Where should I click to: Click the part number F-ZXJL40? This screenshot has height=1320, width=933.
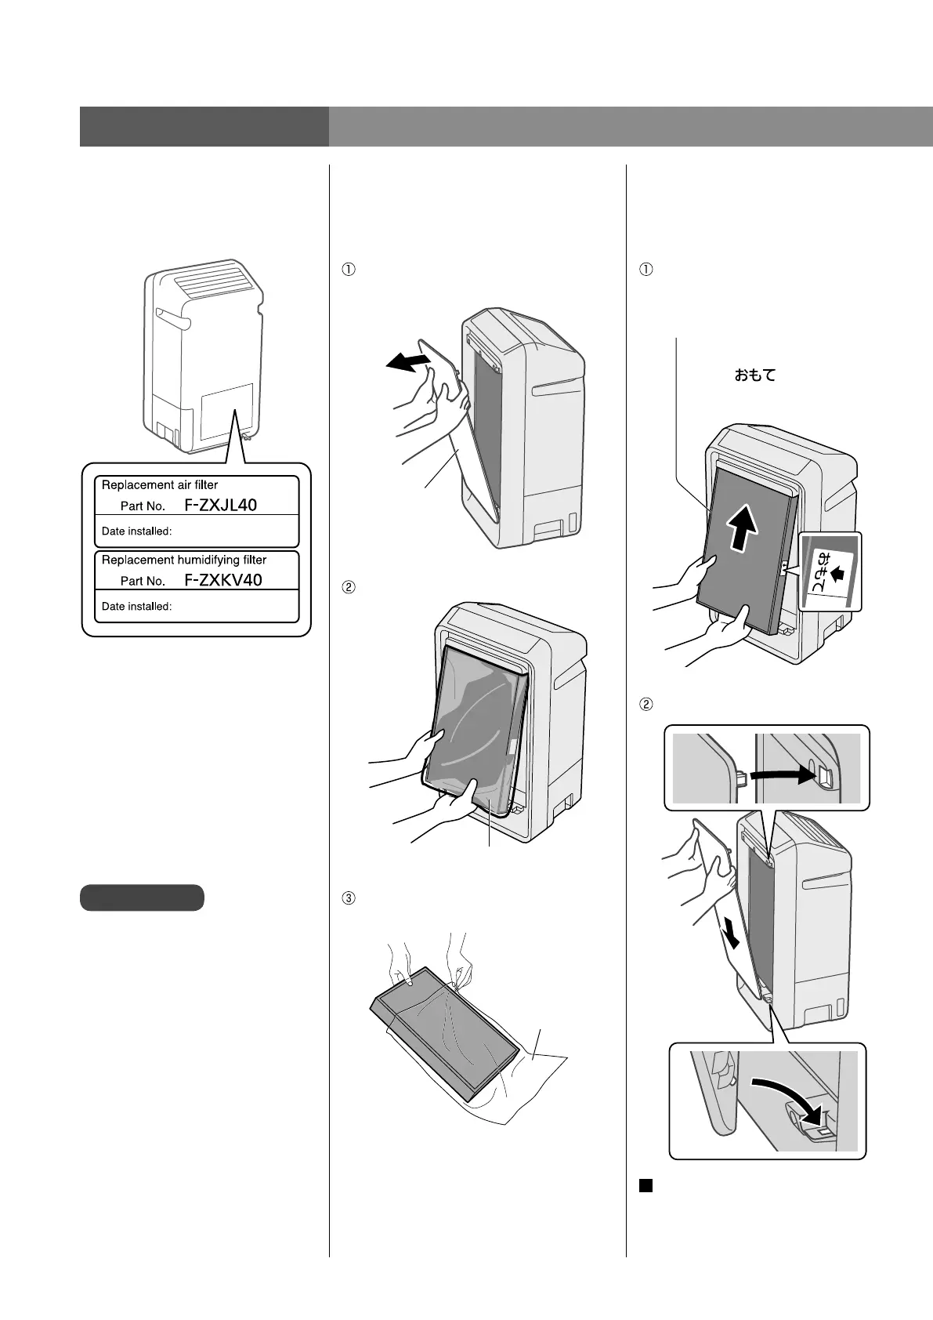click(x=221, y=506)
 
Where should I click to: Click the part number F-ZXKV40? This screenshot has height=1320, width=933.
click(x=223, y=580)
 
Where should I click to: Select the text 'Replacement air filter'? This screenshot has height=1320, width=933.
click(x=160, y=485)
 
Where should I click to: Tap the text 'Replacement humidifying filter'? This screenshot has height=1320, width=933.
click(x=184, y=560)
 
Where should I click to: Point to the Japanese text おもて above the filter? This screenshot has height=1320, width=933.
click(x=754, y=375)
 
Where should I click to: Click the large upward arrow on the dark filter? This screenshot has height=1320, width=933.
click(x=743, y=527)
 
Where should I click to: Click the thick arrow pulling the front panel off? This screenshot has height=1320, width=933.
click(x=409, y=361)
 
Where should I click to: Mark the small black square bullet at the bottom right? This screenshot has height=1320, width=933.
click(x=646, y=1186)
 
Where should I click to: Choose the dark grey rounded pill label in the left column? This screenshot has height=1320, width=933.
click(x=142, y=898)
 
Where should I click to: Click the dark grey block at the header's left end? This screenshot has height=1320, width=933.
click(x=204, y=126)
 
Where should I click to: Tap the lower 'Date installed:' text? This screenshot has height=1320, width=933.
click(x=137, y=606)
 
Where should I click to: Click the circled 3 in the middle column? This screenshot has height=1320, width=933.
click(x=349, y=898)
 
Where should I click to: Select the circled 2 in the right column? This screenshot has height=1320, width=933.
click(x=646, y=704)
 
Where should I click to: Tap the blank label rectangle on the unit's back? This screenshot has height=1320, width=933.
click(x=227, y=412)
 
